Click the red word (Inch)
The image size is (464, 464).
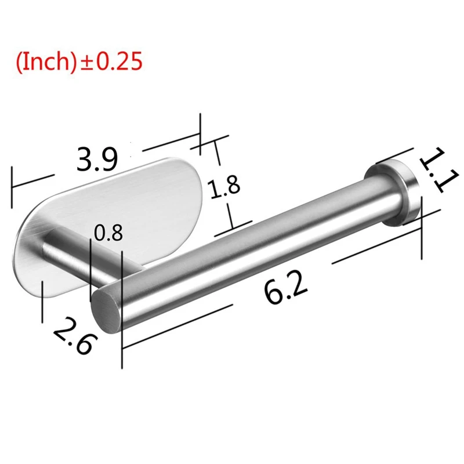(x=46, y=61)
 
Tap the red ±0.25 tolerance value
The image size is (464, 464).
(x=110, y=61)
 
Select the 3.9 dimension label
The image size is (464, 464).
(x=97, y=160)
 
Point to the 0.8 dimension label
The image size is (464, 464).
(x=108, y=233)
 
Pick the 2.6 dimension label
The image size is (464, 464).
(x=76, y=336)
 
